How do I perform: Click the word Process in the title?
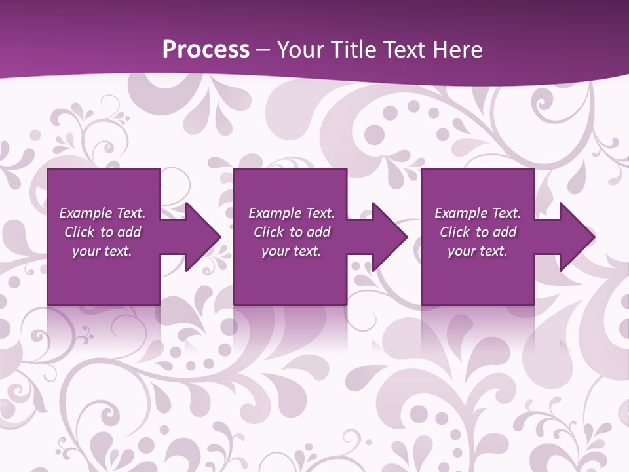(x=206, y=49)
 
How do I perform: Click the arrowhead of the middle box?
(x=389, y=237)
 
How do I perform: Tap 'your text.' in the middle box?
(x=291, y=251)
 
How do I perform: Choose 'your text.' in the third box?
(x=477, y=251)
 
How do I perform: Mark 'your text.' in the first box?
(x=102, y=251)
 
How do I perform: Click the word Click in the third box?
(x=455, y=232)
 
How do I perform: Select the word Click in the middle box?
(x=269, y=232)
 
